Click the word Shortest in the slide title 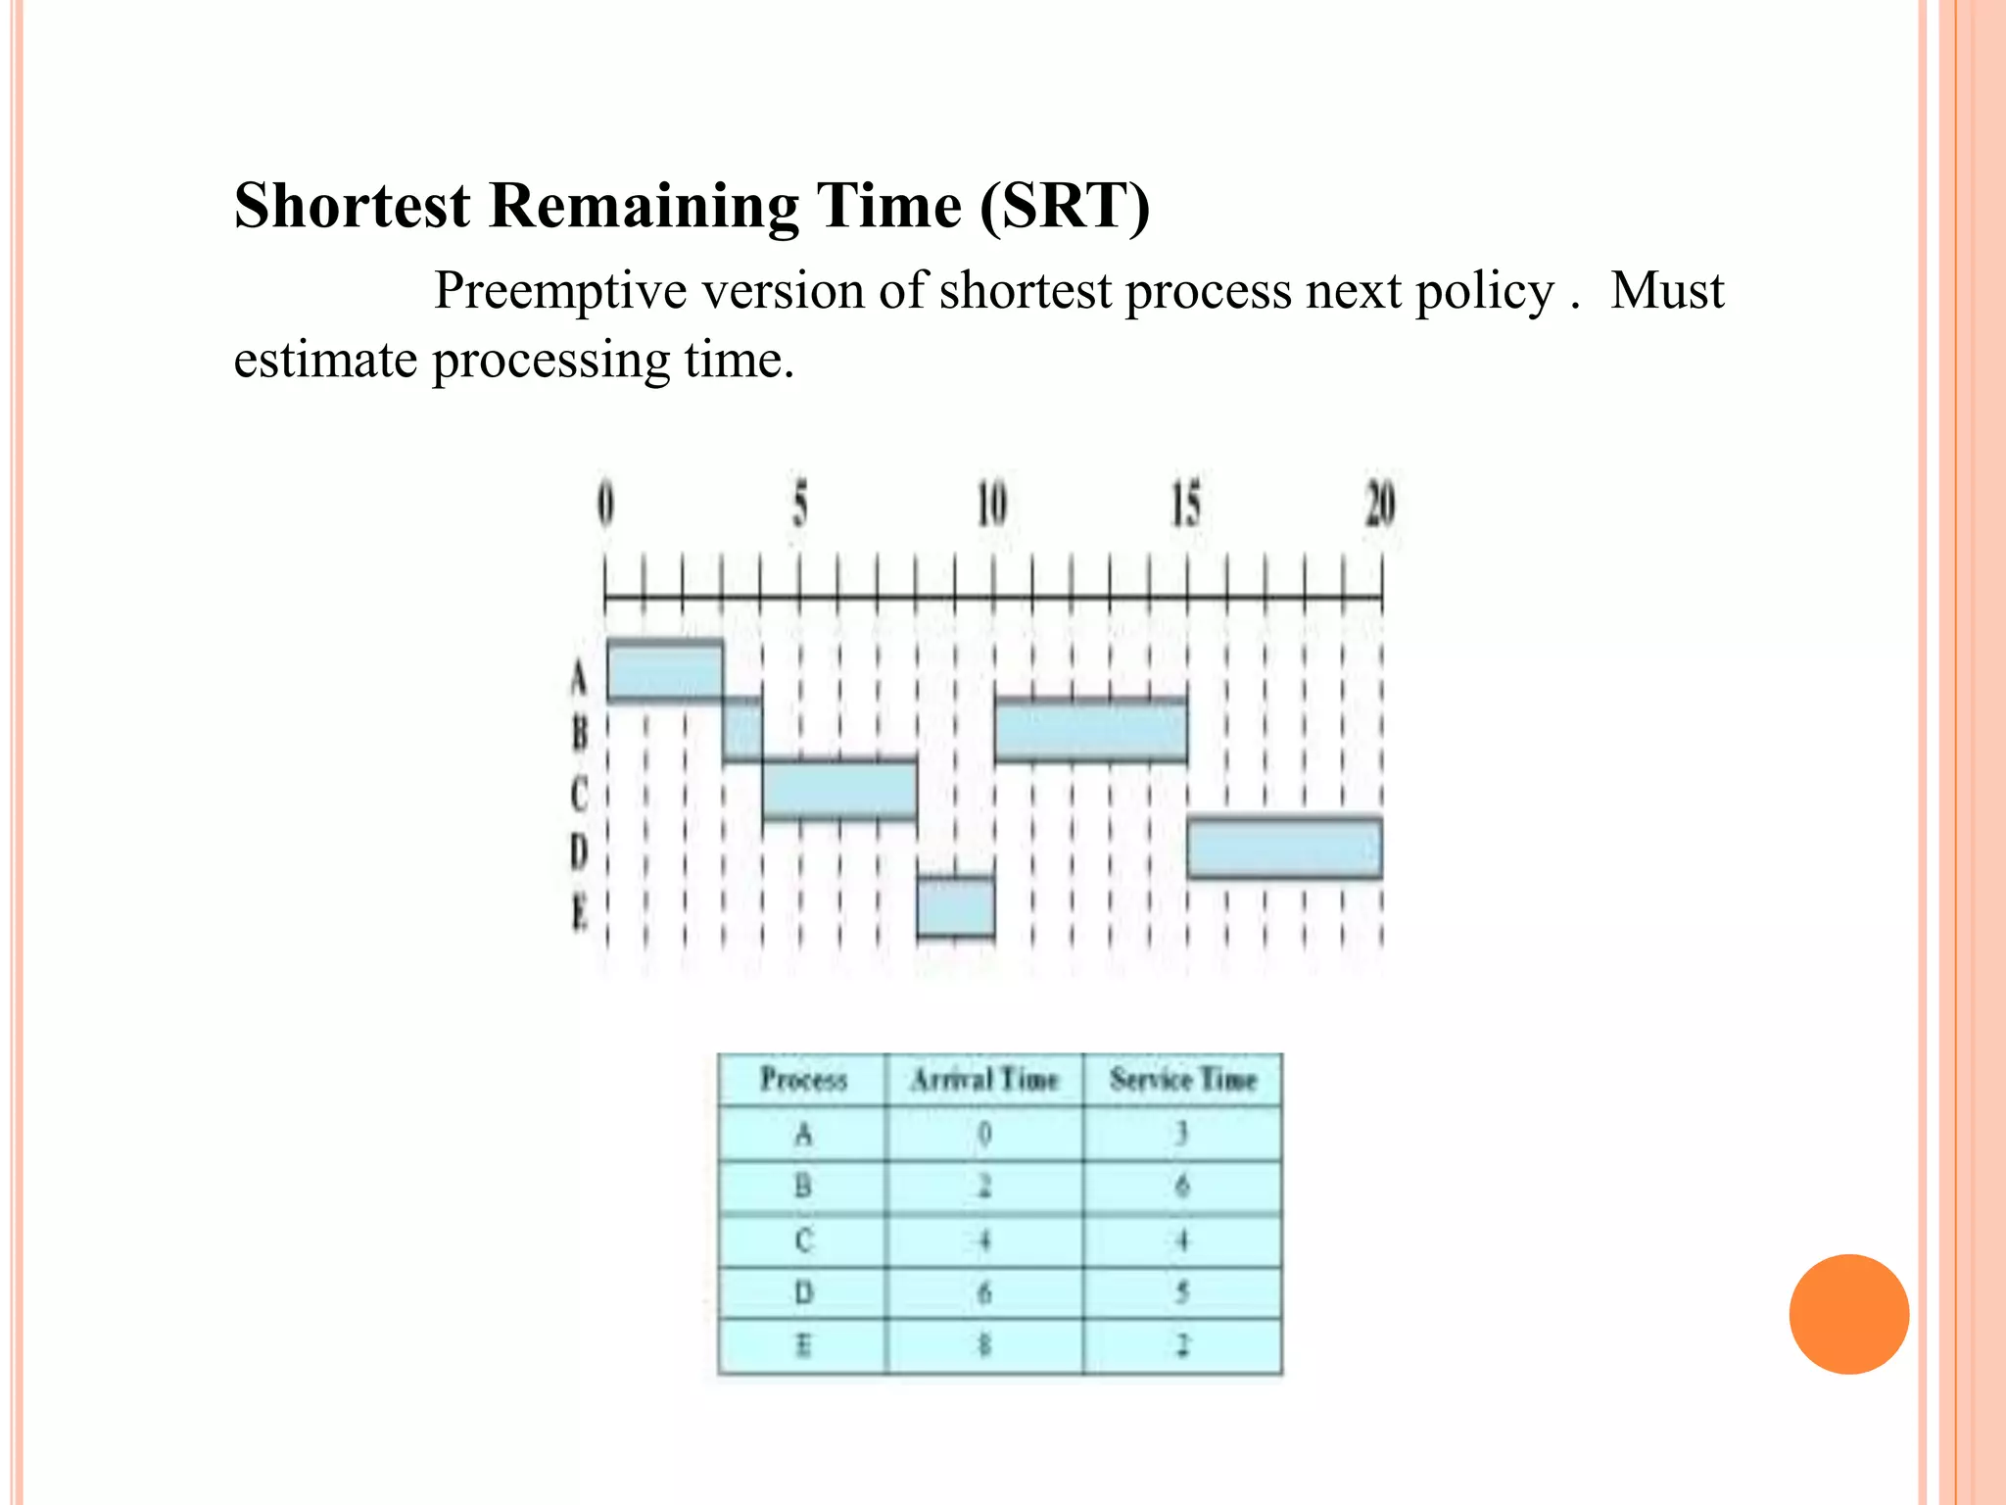[352, 206]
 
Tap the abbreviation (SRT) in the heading [1064, 206]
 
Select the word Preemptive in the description [560, 291]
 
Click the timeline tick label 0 [606, 505]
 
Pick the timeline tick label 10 [991, 505]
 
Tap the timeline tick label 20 [1380, 505]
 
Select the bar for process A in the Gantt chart [665, 671]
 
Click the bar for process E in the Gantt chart [956, 907]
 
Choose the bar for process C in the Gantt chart [839, 790]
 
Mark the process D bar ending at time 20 [1285, 848]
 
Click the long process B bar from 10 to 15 [1090, 731]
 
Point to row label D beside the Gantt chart [579, 850]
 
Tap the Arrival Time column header [984, 1080]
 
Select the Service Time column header [1183, 1080]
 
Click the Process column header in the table [803, 1080]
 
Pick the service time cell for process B [1182, 1187]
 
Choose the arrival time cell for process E [984, 1345]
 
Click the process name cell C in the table [803, 1240]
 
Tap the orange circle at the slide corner [1848, 1314]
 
